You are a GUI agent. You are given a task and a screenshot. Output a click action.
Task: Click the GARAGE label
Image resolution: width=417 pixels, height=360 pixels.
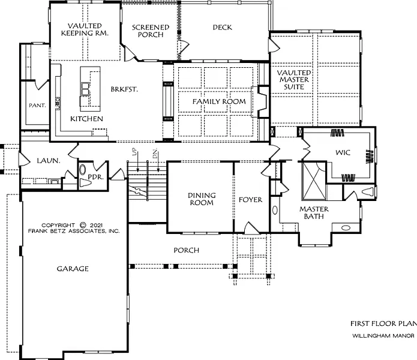73,269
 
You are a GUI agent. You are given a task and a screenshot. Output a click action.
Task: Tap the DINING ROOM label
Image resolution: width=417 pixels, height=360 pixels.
202,199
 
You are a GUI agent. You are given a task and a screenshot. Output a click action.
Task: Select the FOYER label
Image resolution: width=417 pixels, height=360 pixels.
250,200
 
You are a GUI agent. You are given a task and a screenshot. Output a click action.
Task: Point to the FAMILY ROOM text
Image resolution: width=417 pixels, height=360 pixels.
219,101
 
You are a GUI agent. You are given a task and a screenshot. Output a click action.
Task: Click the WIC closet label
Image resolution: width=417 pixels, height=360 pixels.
343,152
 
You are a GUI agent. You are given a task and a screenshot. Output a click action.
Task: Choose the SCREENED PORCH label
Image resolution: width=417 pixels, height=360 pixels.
151,31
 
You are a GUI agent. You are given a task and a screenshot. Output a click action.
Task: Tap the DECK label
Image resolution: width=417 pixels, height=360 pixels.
223,27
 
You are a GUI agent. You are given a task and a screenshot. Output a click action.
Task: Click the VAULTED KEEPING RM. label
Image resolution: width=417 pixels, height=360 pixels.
85,29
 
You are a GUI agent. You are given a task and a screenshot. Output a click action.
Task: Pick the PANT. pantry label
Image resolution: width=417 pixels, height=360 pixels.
37,106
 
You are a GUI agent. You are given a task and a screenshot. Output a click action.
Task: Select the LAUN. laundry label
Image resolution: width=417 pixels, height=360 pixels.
49,161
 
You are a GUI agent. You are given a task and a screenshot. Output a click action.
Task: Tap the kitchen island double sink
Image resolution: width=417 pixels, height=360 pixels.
85,89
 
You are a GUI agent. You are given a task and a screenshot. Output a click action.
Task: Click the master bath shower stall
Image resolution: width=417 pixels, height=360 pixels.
314,181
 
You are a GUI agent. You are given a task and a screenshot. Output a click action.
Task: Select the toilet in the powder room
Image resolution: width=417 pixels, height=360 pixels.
85,183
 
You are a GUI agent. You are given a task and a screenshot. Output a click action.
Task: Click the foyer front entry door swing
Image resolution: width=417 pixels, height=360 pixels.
251,228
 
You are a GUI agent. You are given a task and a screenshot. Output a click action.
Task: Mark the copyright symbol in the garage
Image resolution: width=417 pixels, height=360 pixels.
83,225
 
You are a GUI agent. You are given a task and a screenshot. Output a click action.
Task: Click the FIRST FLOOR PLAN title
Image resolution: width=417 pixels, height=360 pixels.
383,323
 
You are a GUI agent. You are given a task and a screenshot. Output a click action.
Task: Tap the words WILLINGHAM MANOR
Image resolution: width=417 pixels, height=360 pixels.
383,336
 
